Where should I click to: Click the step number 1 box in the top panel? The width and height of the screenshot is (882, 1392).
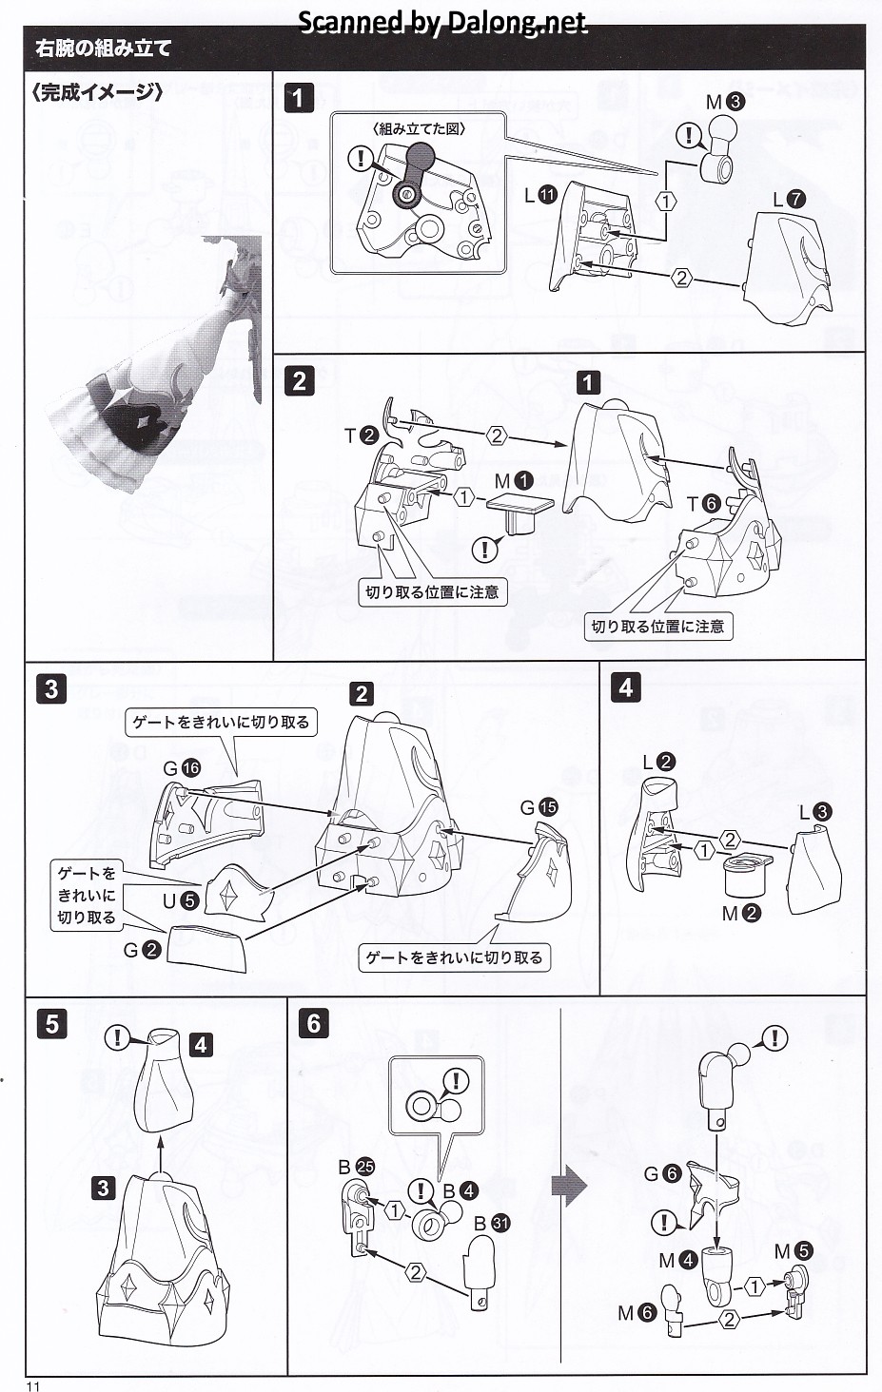click(x=299, y=98)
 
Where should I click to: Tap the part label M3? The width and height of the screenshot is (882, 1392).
click(x=725, y=102)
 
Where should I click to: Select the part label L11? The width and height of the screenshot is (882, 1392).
click(x=539, y=195)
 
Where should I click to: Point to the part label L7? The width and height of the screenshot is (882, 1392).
click(x=789, y=200)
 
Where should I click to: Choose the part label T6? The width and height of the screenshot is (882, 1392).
click(x=703, y=504)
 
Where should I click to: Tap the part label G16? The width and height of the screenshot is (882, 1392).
click(x=181, y=768)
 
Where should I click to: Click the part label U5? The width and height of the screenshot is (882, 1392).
click(x=179, y=899)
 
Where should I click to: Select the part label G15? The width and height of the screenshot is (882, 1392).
click(x=539, y=807)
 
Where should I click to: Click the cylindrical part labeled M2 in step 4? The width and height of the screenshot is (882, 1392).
click(x=746, y=876)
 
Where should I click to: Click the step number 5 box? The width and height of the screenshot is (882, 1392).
click(x=51, y=1024)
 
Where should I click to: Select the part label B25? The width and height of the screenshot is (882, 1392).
click(x=355, y=1167)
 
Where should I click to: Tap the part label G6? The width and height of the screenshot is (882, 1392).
click(x=661, y=1173)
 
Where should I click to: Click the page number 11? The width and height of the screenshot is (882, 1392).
click(x=33, y=1385)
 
